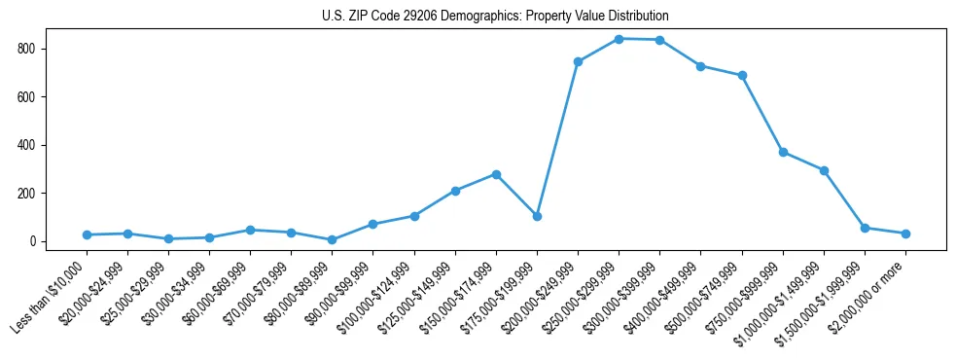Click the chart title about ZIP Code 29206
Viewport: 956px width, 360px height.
(x=495, y=17)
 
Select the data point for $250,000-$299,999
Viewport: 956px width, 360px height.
(x=619, y=39)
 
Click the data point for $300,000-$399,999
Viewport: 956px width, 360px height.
(x=659, y=40)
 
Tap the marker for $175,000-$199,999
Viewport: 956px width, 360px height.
(x=537, y=216)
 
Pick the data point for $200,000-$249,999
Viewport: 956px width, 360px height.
(x=578, y=61)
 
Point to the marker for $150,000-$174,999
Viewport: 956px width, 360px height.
(x=496, y=174)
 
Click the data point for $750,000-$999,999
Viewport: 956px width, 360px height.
(x=783, y=152)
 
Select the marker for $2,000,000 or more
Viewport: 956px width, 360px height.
(x=905, y=234)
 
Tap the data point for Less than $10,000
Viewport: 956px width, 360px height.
(x=87, y=234)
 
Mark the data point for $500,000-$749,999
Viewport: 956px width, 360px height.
(x=742, y=75)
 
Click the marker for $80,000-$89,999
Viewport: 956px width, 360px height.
(x=333, y=239)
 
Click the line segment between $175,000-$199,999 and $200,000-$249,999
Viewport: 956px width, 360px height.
(x=557, y=139)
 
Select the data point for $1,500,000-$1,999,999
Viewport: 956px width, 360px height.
(x=865, y=228)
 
